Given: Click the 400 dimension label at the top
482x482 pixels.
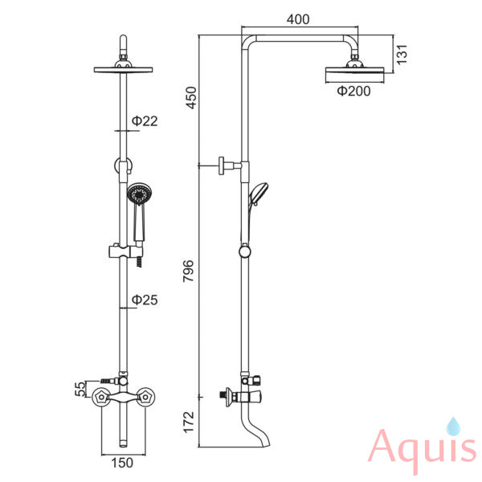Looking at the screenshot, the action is (298, 19).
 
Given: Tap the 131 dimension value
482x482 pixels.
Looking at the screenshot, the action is (402, 55).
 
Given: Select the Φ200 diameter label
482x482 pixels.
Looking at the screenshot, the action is (353, 91).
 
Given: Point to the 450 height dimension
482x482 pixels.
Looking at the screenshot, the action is (190, 97).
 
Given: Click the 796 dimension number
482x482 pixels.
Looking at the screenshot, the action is (189, 271).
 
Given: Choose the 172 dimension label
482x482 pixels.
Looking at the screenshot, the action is (189, 422).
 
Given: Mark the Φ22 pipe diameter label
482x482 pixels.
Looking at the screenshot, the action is (145, 120).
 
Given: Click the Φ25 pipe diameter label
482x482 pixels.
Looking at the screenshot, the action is (145, 300).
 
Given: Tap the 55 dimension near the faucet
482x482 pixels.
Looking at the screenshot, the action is (80, 389).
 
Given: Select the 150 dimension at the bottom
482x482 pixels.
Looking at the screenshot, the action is (122, 463).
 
